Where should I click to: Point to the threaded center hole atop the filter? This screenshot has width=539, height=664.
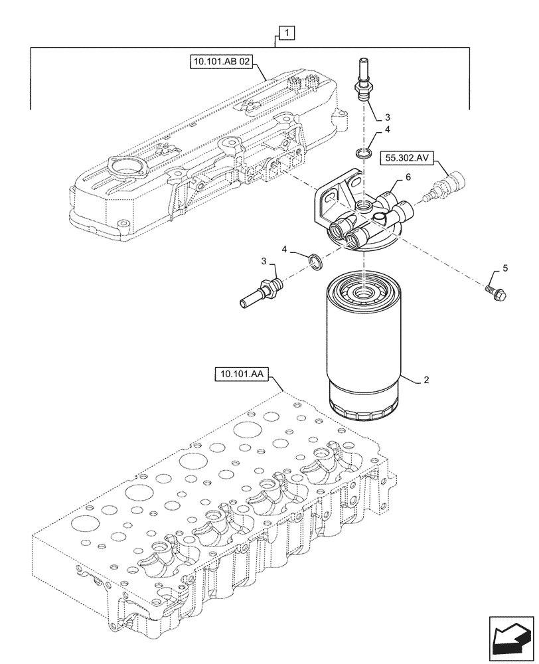pos(364,290)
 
